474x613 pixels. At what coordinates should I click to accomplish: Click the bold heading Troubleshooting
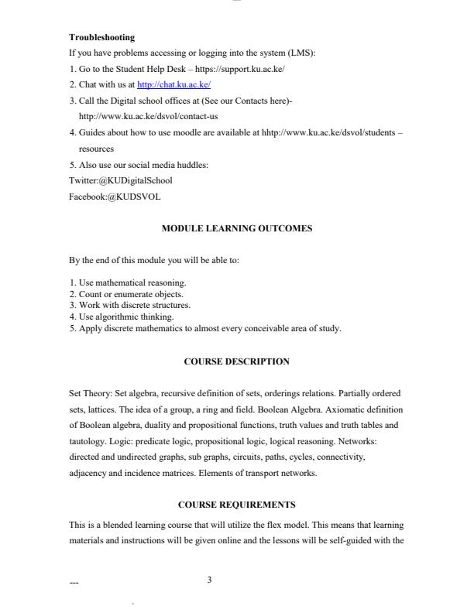click(101, 37)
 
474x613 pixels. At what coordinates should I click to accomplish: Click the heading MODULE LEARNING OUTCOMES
click(236, 229)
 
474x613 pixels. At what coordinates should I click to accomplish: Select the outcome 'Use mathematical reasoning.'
click(132, 283)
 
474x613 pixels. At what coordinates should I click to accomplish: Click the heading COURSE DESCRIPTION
click(236, 361)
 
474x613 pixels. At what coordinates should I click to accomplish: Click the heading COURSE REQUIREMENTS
click(236, 505)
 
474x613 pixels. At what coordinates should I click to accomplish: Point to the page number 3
click(209, 580)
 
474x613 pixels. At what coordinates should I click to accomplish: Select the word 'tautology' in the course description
click(88, 441)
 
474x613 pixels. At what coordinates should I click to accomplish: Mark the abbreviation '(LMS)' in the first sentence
click(301, 53)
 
